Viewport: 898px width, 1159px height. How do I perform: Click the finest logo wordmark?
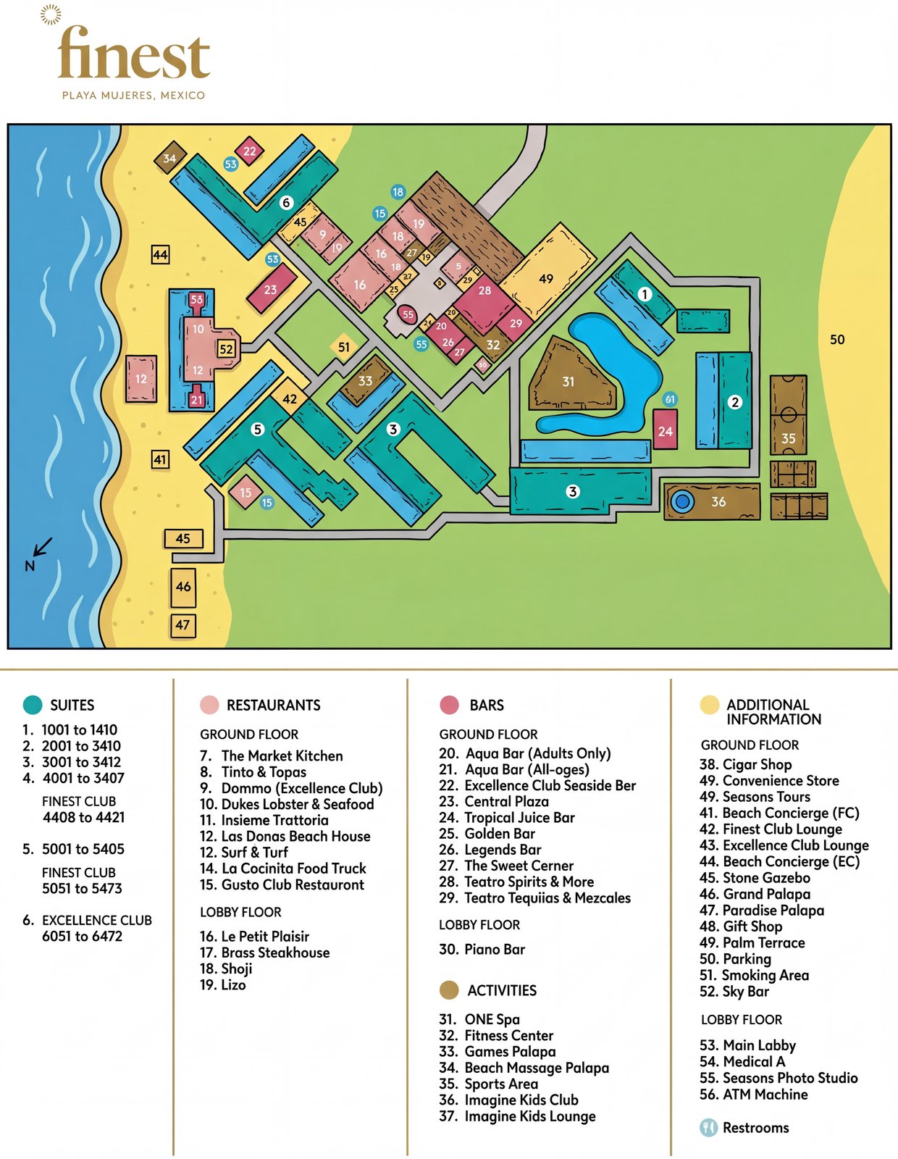[134, 54]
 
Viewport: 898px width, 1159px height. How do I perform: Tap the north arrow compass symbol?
[39, 551]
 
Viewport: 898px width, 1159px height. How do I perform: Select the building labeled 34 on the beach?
[170, 158]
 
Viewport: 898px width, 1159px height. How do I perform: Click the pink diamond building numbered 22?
[249, 151]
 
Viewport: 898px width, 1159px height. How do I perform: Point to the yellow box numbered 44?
[160, 255]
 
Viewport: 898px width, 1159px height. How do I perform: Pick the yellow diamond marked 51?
[344, 347]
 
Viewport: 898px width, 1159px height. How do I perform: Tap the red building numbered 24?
[665, 430]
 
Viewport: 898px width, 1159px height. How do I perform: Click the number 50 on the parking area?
[837, 340]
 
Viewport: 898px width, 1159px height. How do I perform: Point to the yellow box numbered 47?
[182, 625]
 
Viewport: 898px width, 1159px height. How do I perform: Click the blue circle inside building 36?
[681, 501]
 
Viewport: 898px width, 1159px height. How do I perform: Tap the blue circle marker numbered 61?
[670, 399]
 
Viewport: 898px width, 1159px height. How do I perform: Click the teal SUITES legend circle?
[33, 705]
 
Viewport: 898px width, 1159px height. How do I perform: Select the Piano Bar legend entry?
[483, 949]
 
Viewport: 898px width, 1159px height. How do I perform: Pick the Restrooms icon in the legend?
[708, 1128]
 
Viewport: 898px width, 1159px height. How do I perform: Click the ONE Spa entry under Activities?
[480, 1019]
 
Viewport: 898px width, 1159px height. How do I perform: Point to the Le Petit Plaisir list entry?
[255, 937]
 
